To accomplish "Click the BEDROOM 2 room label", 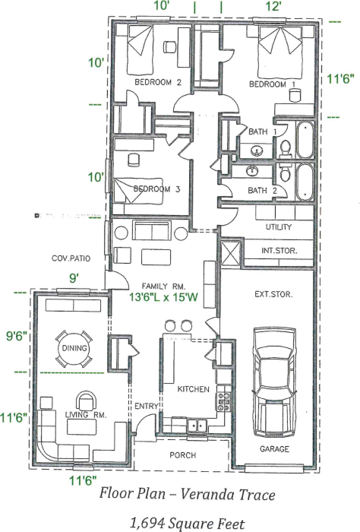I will [157, 81].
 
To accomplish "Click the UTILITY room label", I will [279, 227].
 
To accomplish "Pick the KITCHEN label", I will [193, 389].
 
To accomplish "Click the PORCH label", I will [184, 455].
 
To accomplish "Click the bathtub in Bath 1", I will [305, 139].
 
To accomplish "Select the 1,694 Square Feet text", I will [187, 522].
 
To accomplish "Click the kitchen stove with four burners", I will [224, 400].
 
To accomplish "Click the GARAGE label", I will [274, 449].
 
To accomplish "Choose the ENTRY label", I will [145, 407].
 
